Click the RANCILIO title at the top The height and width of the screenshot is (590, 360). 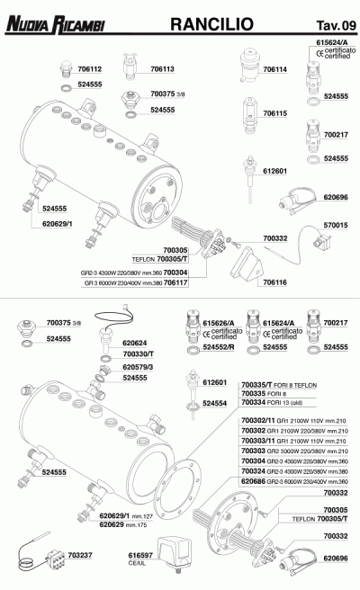click(204, 20)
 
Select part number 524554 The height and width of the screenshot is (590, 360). click(215, 404)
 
